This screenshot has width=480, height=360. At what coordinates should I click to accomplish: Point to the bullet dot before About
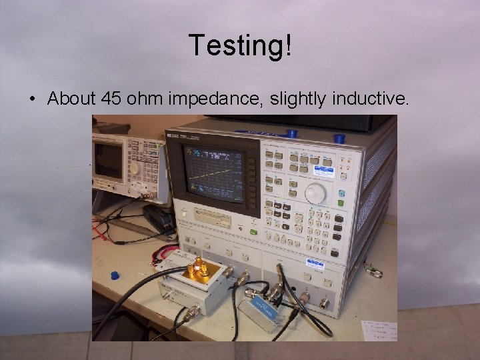(x=31, y=99)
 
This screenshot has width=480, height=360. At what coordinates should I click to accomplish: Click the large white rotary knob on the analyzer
(x=315, y=193)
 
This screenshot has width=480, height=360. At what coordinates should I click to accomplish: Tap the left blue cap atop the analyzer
(x=291, y=133)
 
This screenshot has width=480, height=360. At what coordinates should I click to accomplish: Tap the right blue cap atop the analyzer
(x=339, y=138)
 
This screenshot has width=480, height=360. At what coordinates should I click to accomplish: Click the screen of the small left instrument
(x=107, y=160)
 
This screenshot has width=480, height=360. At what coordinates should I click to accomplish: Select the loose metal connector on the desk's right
(x=373, y=271)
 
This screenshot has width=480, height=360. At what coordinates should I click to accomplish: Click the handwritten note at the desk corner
(x=378, y=331)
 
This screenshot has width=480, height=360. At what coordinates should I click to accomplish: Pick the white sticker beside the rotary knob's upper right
(x=325, y=172)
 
